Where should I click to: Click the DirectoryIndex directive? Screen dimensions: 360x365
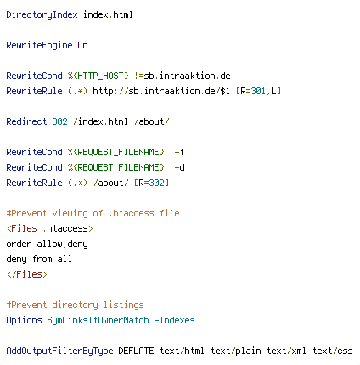click(x=42, y=14)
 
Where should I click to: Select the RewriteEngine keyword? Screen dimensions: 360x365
click(x=39, y=45)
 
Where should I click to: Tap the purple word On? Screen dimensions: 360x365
click(x=82, y=45)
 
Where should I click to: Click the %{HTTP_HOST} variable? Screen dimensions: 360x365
click(x=98, y=76)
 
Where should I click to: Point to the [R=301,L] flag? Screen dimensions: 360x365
click(x=258, y=91)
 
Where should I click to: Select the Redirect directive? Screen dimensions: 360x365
click(x=26, y=121)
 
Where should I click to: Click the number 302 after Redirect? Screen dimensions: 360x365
click(x=59, y=121)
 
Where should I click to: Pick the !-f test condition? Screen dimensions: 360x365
click(x=177, y=152)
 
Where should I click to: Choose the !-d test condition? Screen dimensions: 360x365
click(x=177, y=167)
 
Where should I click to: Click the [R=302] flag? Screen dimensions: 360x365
click(x=151, y=182)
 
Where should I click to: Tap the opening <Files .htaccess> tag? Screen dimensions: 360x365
click(x=50, y=228)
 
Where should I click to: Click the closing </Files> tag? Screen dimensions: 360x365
click(x=27, y=274)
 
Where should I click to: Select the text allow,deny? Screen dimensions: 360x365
click(x=62, y=244)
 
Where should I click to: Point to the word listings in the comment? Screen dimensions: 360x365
click(x=123, y=305)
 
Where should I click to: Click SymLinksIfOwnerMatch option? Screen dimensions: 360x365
click(x=98, y=320)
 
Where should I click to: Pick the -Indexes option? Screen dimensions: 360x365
click(x=174, y=320)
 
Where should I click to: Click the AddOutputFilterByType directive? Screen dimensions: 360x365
click(x=59, y=351)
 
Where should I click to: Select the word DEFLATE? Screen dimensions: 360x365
click(x=136, y=351)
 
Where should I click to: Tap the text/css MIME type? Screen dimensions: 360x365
click(x=333, y=351)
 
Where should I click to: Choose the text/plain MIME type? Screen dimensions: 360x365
click(x=236, y=351)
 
